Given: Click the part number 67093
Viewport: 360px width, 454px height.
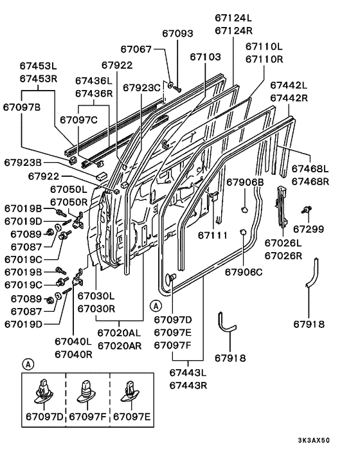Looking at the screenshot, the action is [177, 33].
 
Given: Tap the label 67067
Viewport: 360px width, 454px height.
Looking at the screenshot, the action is [136, 50].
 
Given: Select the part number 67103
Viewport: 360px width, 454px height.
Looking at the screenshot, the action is [205, 57].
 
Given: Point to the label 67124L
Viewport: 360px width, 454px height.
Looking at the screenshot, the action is [233, 18].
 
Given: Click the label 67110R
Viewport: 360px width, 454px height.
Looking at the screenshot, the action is [264, 59].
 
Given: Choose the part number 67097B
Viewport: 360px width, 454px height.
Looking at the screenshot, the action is [22, 107].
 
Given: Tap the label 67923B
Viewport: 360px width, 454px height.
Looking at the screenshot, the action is [23, 163].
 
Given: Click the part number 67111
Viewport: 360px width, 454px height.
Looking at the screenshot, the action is [213, 235].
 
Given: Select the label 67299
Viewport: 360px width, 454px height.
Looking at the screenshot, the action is [309, 229].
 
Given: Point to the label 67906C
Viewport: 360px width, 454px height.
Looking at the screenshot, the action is [244, 272].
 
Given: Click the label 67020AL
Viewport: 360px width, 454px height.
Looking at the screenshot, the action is [119, 333].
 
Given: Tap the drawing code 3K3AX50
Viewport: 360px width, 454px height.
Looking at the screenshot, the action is [314, 440].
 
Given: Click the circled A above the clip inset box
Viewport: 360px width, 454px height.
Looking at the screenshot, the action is [28, 364].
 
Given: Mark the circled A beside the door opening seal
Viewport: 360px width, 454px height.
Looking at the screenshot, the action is [156, 306].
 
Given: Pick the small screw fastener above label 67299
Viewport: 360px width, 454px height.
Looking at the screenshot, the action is [307, 210].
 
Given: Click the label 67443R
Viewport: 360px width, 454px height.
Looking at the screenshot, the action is [188, 386].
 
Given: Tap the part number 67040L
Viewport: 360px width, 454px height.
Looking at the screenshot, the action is [73, 341].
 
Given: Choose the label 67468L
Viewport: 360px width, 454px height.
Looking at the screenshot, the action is [310, 168].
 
